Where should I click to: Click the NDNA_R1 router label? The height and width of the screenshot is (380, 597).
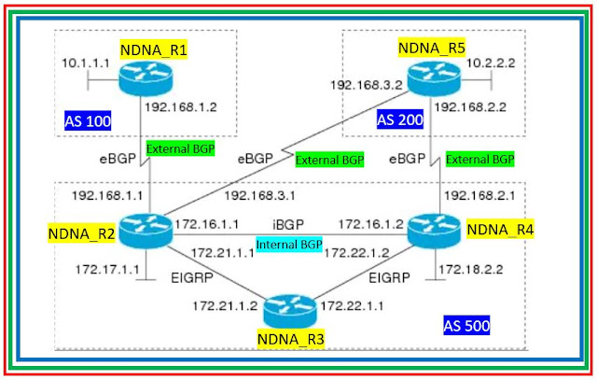coord(153,49)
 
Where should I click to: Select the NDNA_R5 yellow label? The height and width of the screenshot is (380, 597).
coord(432,47)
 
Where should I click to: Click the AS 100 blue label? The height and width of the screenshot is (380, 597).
coord(88,120)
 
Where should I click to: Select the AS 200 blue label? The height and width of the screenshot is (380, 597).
coord(399,120)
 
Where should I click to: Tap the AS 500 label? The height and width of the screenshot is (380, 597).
coord(466,326)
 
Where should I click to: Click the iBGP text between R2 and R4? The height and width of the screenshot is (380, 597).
coord(287,225)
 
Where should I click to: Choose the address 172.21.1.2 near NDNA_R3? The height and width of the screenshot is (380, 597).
coord(225,304)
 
